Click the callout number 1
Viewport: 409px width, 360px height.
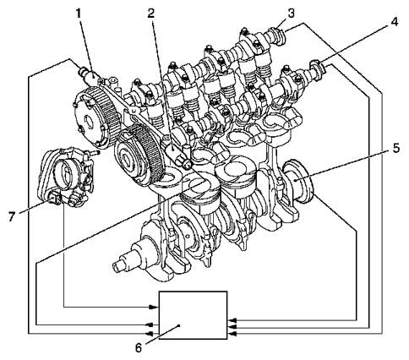(x=79, y=14)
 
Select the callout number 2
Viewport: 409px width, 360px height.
(x=151, y=14)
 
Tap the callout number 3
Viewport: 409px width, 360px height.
(x=291, y=13)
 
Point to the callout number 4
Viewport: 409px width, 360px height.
(x=395, y=21)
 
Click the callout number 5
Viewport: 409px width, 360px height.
(x=396, y=148)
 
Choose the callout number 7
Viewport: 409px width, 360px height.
(x=12, y=216)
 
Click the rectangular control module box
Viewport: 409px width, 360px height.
(x=193, y=315)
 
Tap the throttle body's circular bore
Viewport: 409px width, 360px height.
(x=66, y=173)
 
